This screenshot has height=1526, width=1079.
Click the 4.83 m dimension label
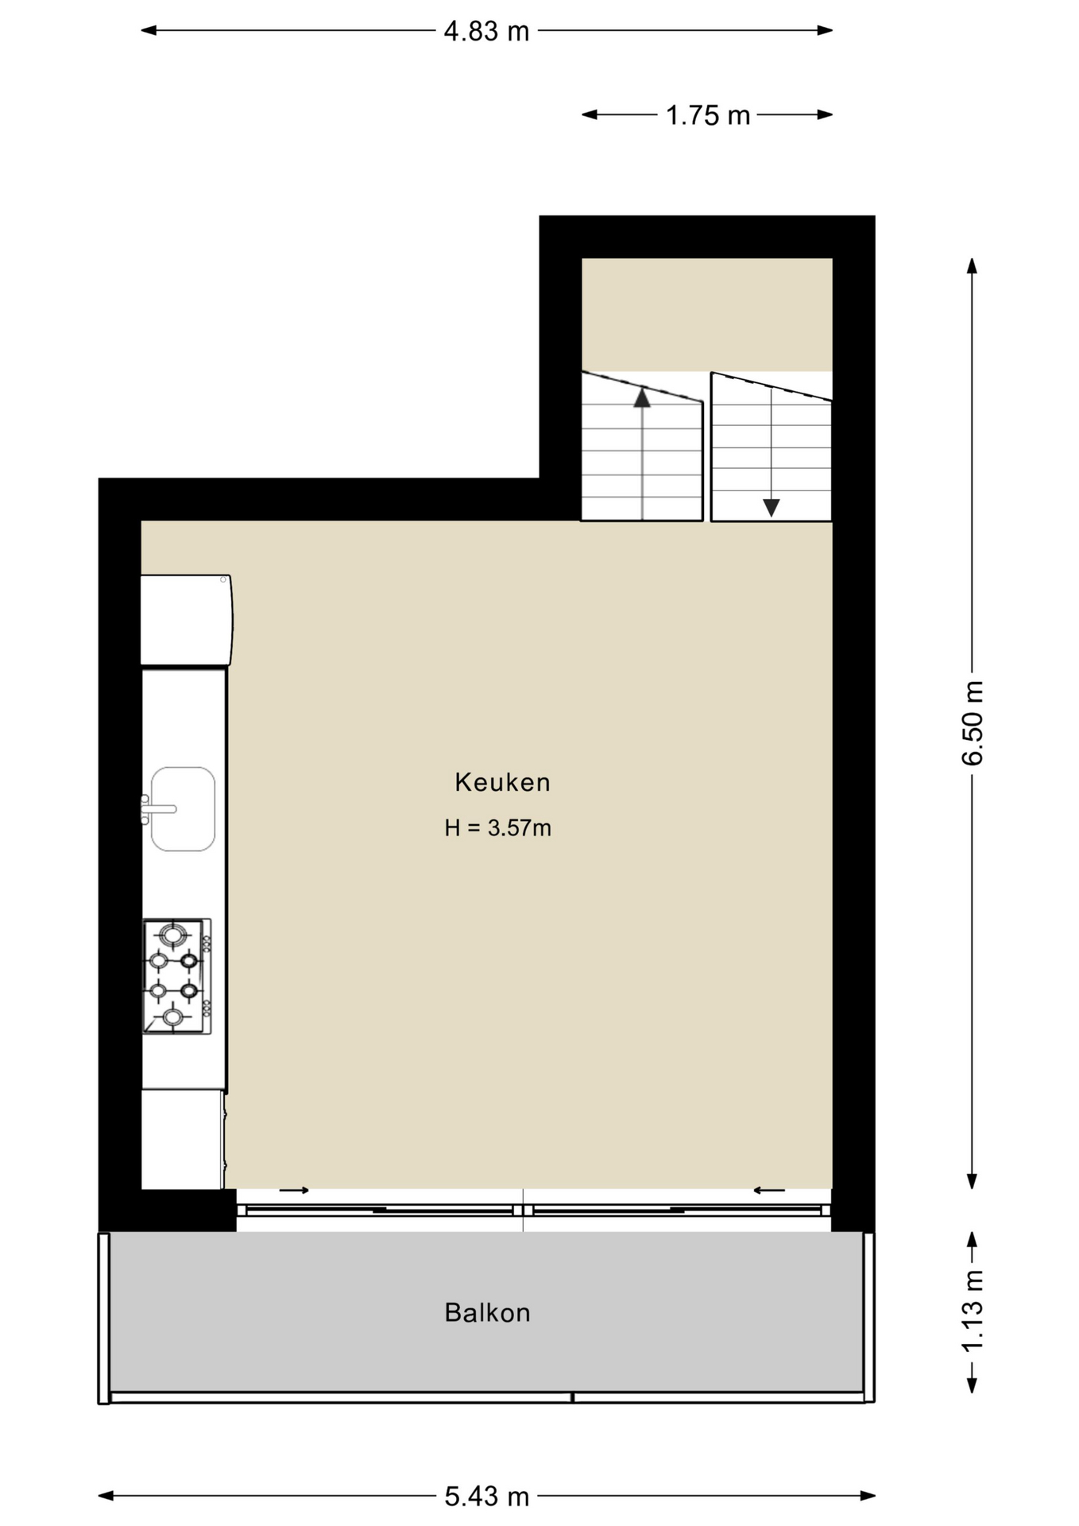click(x=486, y=31)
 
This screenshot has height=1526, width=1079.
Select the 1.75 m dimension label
click(x=708, y=116)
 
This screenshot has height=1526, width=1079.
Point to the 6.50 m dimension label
click(x=973, y=723)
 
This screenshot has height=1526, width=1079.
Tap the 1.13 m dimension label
click(x=973, y=1311)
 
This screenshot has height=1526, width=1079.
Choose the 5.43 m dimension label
click(x=486, y=1497)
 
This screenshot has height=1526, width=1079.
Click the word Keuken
click(x=502, y=783)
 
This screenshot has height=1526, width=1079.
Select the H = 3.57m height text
click(x=497, y=828)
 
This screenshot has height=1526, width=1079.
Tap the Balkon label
click(x=487, y=1313)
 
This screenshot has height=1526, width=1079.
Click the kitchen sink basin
click(x=184, y=809)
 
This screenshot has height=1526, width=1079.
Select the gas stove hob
click(x=177, y=976)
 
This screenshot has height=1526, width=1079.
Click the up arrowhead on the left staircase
click(x=642, y=397)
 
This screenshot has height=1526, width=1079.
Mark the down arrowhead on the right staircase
click(x=771, y=507)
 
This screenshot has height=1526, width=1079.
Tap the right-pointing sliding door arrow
click(x=294, y=1191)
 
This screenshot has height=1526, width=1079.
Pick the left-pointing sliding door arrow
click(x=769, y=1191)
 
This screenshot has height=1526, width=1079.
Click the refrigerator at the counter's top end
click(x=187, y=620)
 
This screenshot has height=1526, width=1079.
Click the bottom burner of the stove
click(x=173, y=1017)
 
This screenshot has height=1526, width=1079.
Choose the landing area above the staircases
click(x=707, y=315)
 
